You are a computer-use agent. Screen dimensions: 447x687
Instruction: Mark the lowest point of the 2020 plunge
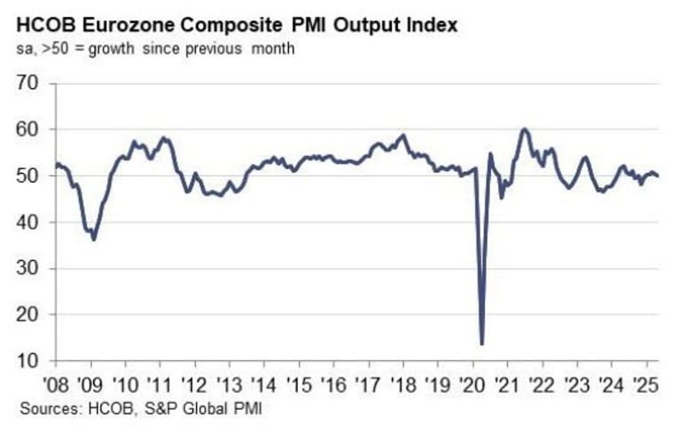[481, 344]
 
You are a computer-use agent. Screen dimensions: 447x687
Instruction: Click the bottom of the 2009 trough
[94, 239]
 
